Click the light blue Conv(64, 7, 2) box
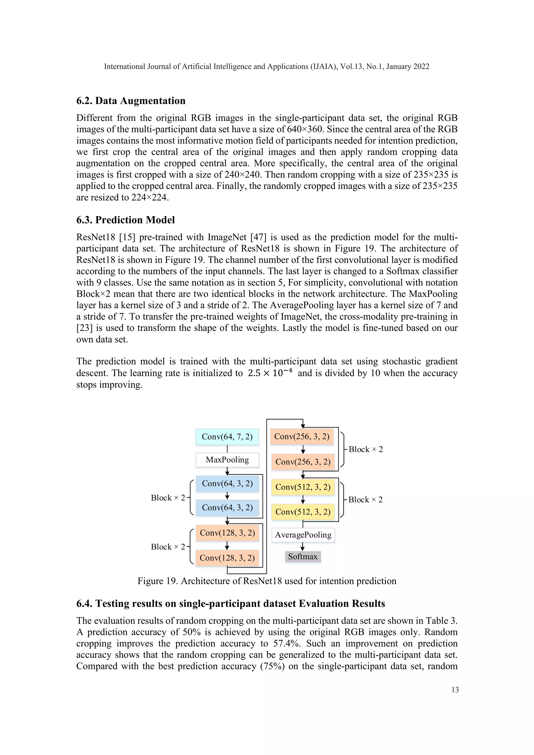(x=227, y=437)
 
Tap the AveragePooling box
(x=303, y=535)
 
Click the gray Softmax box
(x=302, y=557)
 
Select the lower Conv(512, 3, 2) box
(x=303, y=512)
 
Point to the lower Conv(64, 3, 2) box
(x=227, y=508)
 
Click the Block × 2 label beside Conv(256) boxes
(x=365, y=449)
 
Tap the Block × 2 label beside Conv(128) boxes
(x=168, y=547)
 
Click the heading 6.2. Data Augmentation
(x=131, y=101)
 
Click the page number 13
(x=455, y=690)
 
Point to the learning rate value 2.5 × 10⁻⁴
(x=270, y=373)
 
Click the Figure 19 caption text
(x=267, y=581)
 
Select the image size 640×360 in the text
(x=305, y=129)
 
